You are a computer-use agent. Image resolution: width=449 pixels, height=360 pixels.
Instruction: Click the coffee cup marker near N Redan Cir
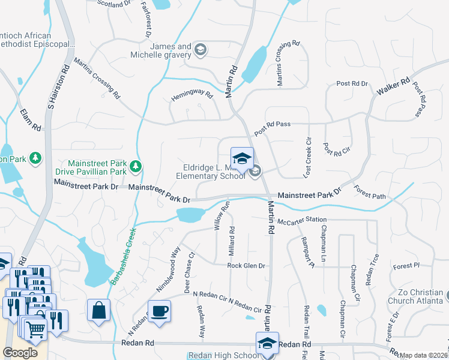tap(159, 311)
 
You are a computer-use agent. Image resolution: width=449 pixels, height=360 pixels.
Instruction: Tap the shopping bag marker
tap(98, 310)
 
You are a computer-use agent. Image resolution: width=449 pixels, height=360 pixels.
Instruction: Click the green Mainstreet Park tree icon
tap(136, 166)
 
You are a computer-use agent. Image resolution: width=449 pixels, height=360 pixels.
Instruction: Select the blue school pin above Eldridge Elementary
tap(242, 158)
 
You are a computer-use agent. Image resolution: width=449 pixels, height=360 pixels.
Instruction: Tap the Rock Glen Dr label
tap(246, 265)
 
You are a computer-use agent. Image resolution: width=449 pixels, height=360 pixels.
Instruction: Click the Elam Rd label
tap(30, 120)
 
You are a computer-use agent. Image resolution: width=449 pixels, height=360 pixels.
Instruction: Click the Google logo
tap(20, 352)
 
